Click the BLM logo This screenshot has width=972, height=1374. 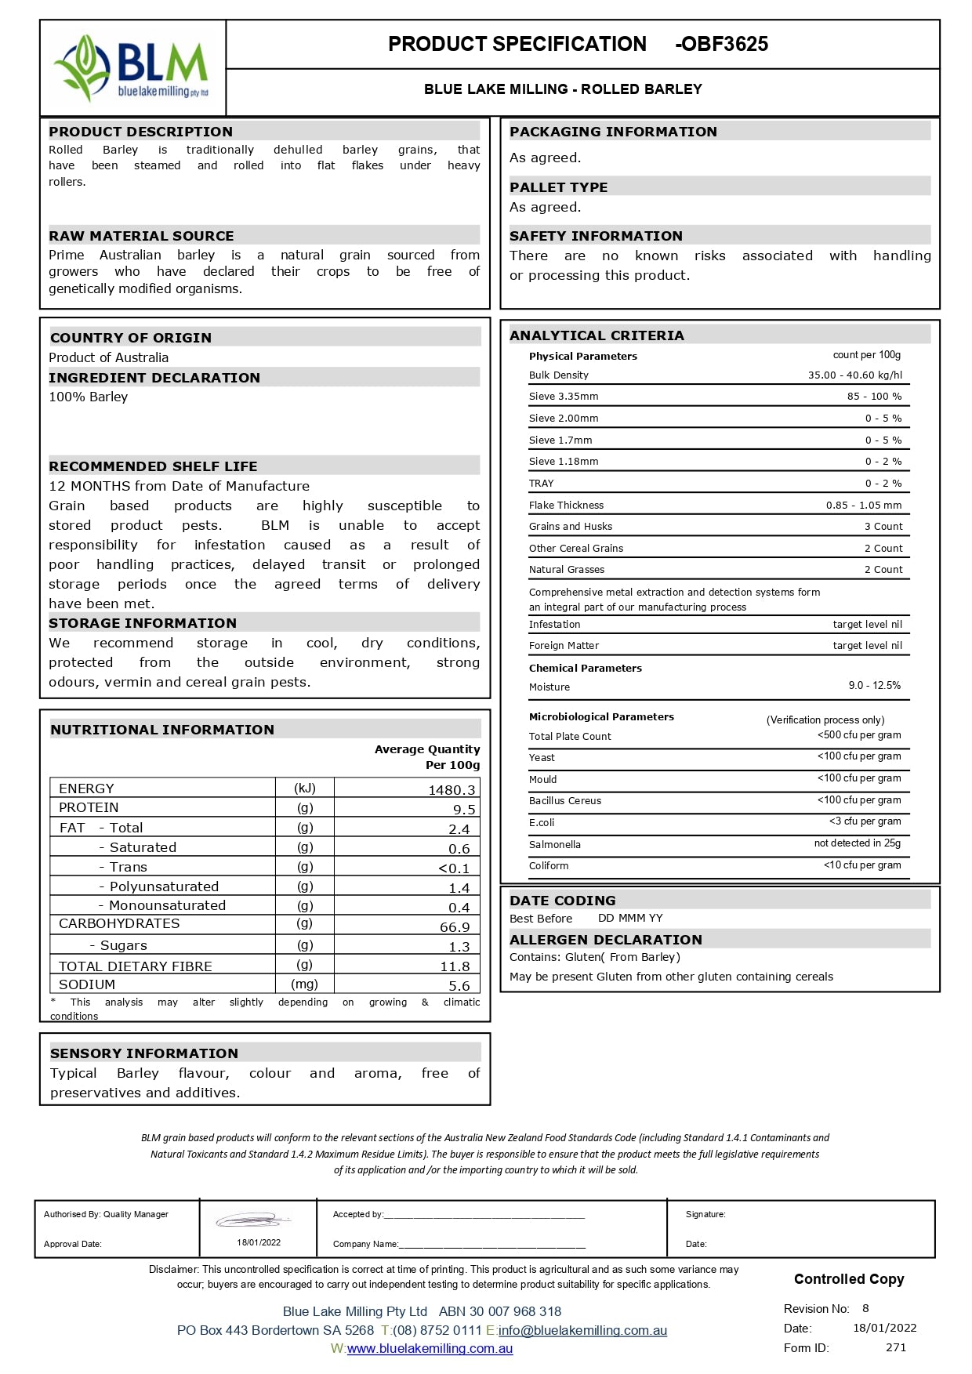(x=131, y=67)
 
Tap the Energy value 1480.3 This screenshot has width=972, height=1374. (x=452, y=790)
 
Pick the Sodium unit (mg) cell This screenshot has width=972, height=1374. (x=304, y=984)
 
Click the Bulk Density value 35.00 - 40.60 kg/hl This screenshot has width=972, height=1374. (x=854, y=375)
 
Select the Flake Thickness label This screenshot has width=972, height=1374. (x=566, y=506)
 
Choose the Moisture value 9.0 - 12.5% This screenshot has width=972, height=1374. (x=874, y=686)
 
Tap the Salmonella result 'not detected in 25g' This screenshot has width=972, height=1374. (x=857, y=843)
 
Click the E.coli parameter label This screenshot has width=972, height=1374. (x=542, y=823)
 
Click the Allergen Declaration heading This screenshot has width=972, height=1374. (x=606, y=940)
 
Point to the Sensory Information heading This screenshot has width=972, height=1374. (x=144, y=1053)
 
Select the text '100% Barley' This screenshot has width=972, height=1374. (x=89, y=397)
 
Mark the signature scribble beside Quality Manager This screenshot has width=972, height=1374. (x=253, y=1220)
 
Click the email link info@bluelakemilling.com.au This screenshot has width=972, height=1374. (x=582, y=1330)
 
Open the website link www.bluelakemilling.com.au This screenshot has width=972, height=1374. (x=430, y=1349)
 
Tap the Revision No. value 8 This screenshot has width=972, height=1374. (x=865, y=1308)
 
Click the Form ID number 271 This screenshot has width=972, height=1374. (x=896, y=1347)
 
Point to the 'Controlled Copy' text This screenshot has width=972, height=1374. (x=849, y=1279)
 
